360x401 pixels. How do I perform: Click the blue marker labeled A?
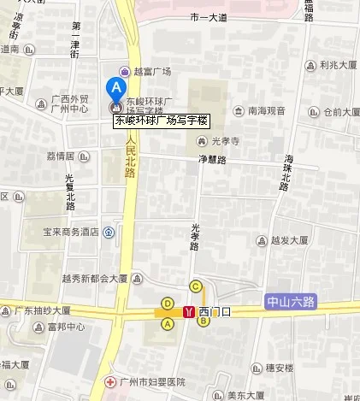pyautogui.click(x=113, y=87)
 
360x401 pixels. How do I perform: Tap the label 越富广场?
pyautogui.click(x=152, y=72)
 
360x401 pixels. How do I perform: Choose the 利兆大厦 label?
pyautogui.click(x=338, y=64)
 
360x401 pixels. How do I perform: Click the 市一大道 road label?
pyautogui.click(x=209, y=17)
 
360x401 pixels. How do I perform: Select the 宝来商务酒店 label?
pyautogui.click(x=60, y=231)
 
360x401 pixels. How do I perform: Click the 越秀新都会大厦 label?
pyautogui.click(x=95, y=278)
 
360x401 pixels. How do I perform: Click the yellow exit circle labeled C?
pyautogui.click(x=196, y=286)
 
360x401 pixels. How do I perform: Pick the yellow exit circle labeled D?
pyautogui.click(x=168, y=303)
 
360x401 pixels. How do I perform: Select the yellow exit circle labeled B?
pyautogui.click(x=204, y=321)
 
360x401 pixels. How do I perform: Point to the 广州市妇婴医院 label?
pyautogui.click(x=151, y=381)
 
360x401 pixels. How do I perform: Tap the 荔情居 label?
pyautogui.click(x=61, y=156)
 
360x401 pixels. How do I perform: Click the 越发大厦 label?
pyautogui.click(x=289, y=241)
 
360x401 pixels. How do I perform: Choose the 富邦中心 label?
pyautogui.click(x=67, y=327)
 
